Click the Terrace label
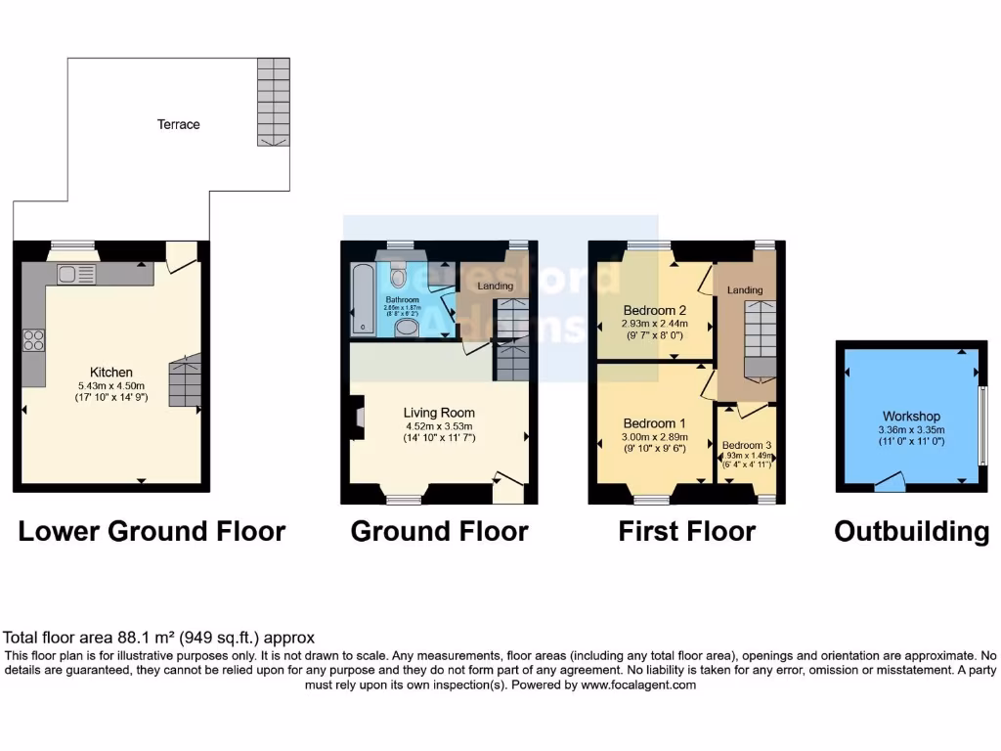point(179,124)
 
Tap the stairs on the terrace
point(275,102)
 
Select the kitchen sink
point(76,275)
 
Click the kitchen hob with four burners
point(34,341)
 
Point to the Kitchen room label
point(110,373)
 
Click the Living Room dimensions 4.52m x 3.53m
point(439,425)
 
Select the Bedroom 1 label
point(654,423)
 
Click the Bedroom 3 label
point(747,445)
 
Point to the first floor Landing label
point(746,290)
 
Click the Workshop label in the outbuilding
point(910,417)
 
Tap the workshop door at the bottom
point(889,481)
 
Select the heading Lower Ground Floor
point(152,532)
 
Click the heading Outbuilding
point(911,532)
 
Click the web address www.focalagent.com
point(639,685)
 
